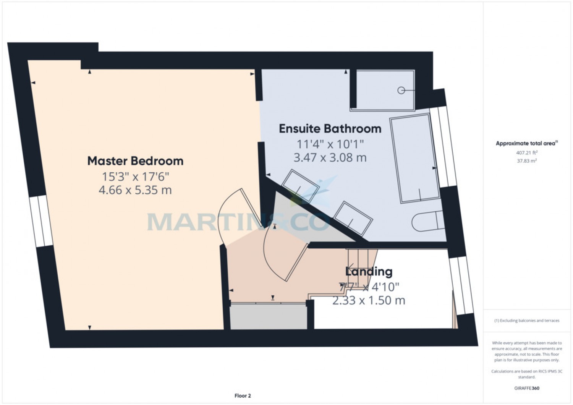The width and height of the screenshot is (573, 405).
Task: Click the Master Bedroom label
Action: tap(135, 161)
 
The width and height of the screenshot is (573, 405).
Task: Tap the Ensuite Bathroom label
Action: tap(330, 129)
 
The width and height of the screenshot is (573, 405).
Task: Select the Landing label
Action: tap(369, 272)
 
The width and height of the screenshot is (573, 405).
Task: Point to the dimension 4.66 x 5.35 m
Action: tap(135, 190)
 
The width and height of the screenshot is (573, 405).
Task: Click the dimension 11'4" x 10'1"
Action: tap(330, 144)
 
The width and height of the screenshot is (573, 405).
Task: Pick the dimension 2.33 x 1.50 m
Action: tap(369, 301)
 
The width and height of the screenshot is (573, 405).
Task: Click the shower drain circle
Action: tap(401, 91)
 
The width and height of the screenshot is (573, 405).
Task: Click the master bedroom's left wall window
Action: tap(41, 221)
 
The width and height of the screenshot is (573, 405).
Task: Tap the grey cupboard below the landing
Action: tap(268, 317)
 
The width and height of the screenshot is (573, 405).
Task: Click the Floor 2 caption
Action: tap(243, 396)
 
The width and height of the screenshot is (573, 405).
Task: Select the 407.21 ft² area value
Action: tap(527, 152)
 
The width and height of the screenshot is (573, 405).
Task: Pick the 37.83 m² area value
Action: tap(527, 161)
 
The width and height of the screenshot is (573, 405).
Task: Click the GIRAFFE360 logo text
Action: tap(527, 388)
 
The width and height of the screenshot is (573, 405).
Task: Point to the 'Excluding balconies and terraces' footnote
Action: tap(527, 321)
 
